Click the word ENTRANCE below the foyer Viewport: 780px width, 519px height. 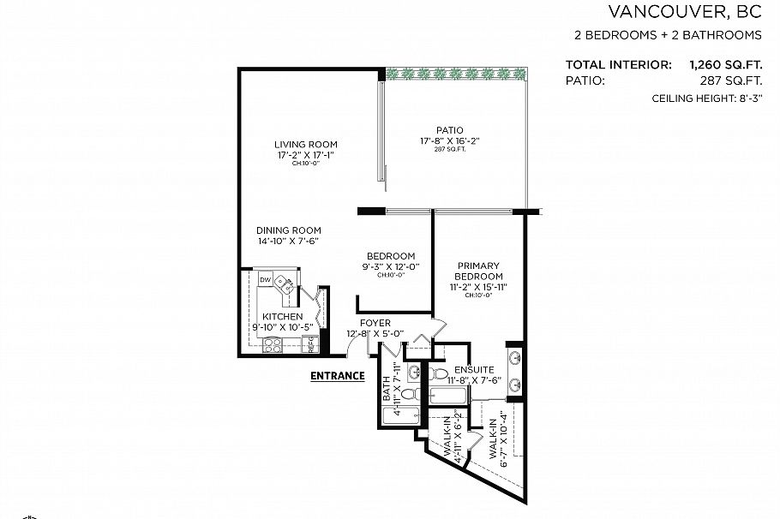coord(337,375)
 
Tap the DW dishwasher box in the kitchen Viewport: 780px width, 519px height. coord(266,280)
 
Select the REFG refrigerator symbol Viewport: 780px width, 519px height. coord(312,344)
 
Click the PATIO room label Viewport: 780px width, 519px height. coord(449,130)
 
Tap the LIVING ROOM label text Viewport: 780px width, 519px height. coord(305,144)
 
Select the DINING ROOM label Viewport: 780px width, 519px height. coord(289,230)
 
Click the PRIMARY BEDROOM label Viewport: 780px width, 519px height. coord(477,271)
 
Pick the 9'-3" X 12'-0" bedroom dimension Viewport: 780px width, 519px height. coord(391,266)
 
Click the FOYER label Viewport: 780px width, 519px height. coord(375,323)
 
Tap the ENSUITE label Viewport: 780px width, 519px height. coord(474,370)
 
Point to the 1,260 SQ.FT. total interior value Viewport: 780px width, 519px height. coord(725,64)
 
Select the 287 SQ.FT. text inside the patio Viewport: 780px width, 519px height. coord(449,150)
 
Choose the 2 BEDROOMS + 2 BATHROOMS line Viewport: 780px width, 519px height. coord(668,35)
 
